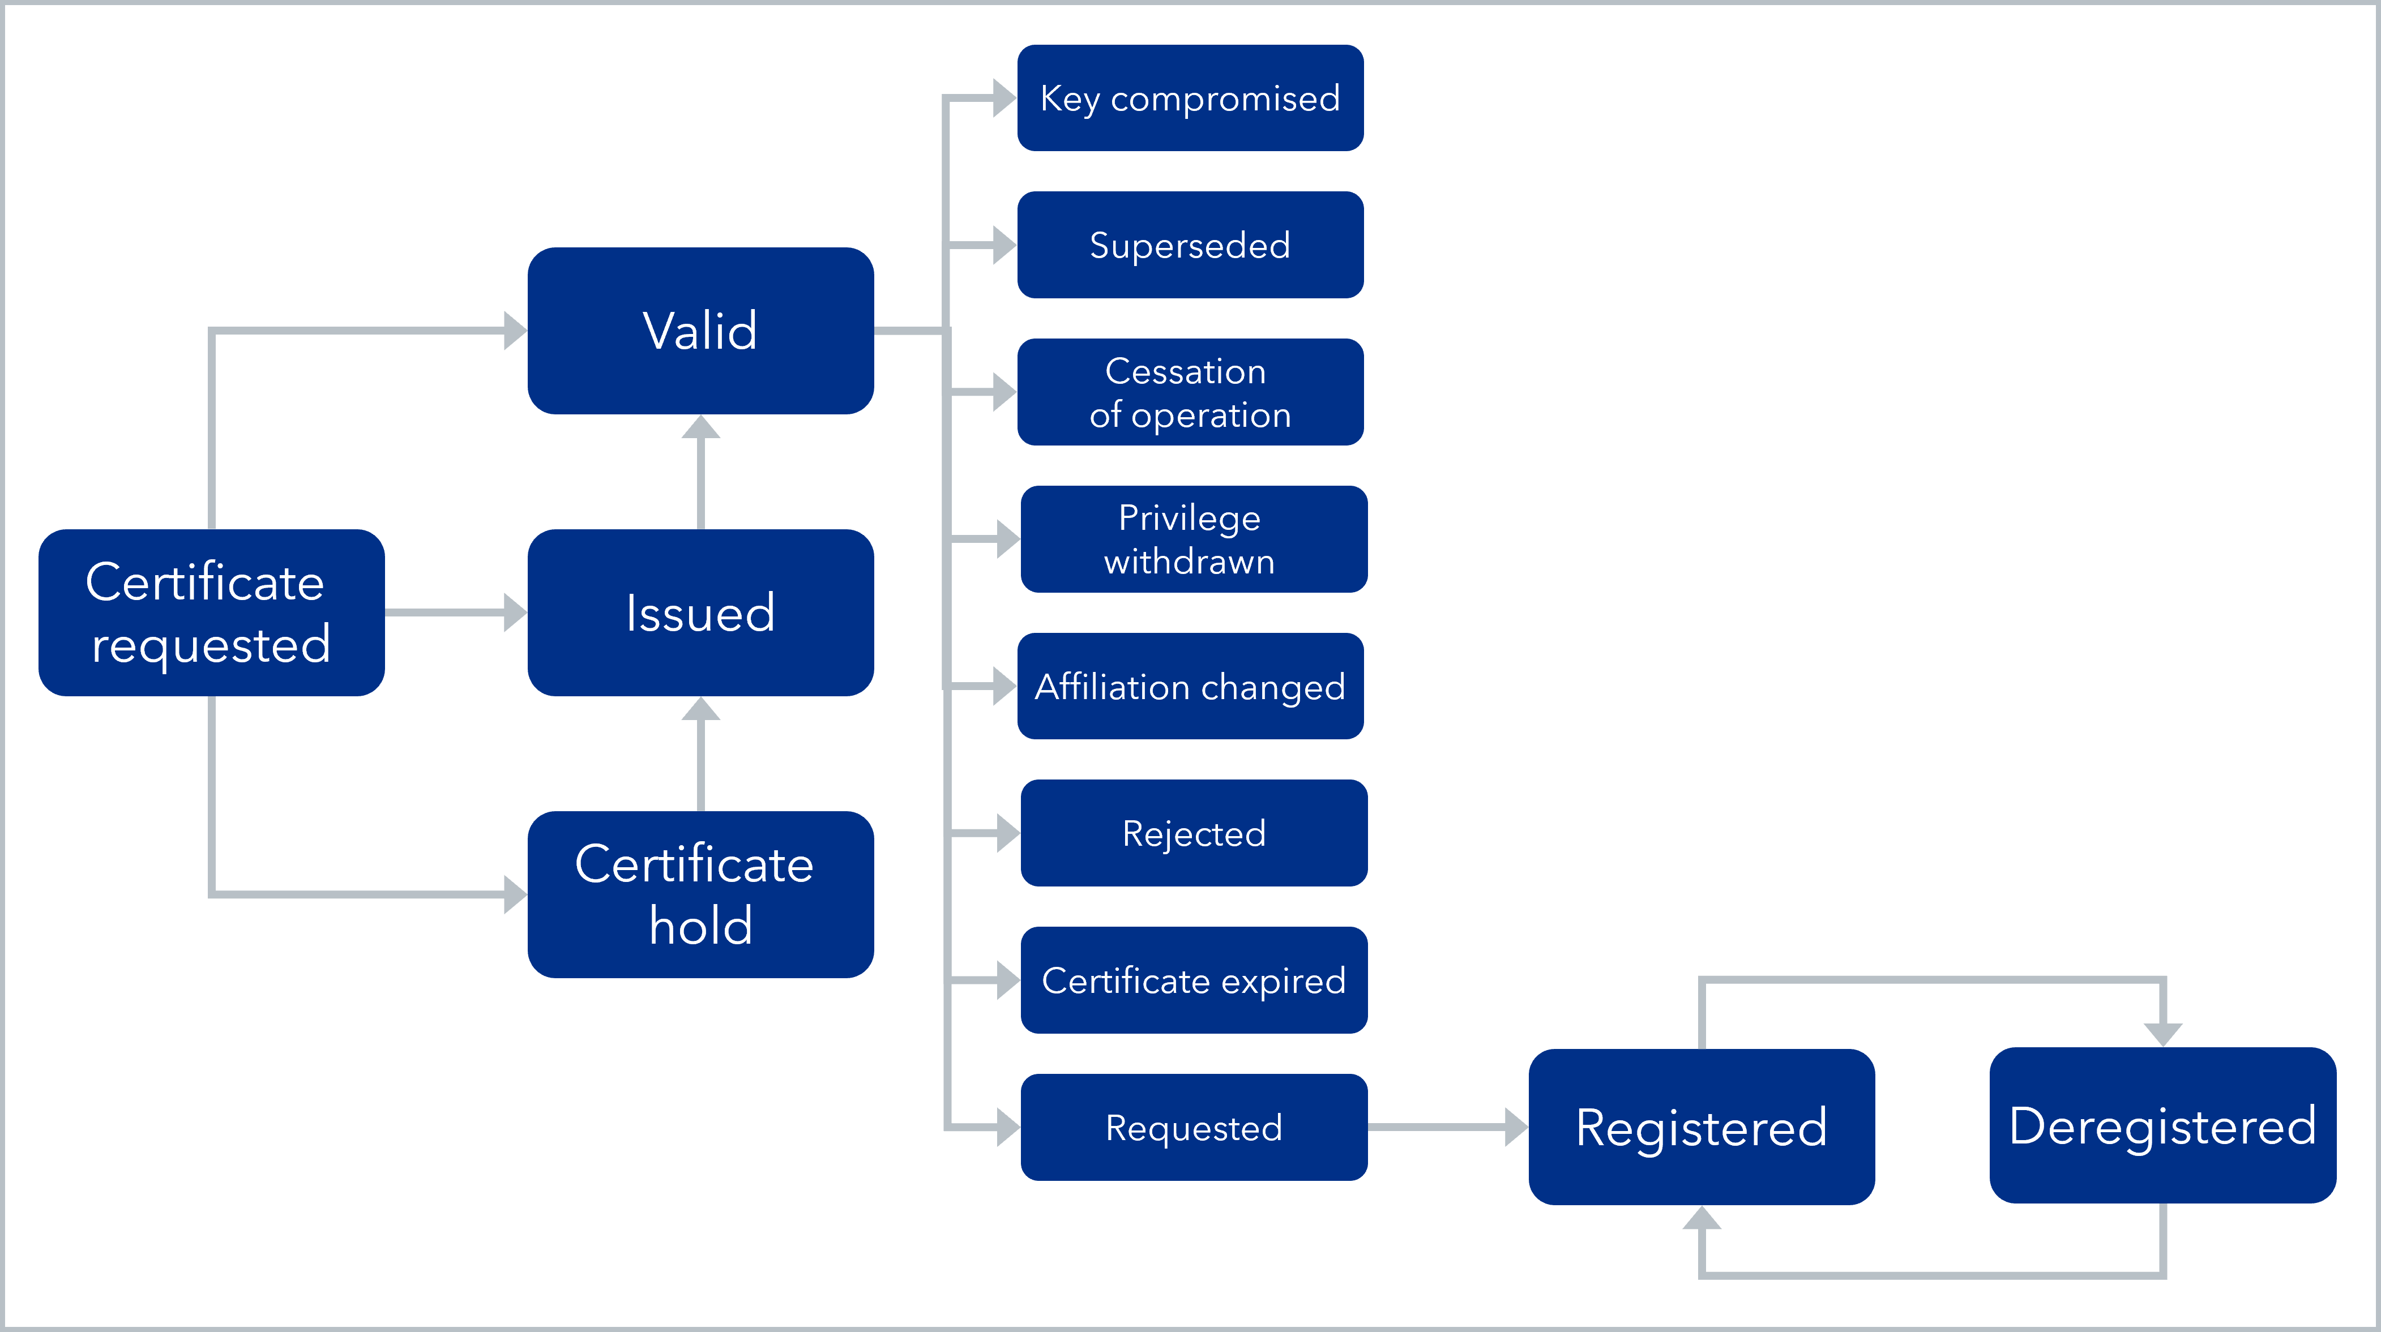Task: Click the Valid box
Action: click(x=700, y=331)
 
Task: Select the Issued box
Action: click(x=700, y=613)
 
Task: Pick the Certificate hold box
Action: click(x=700, y=895)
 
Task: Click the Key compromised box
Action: click(x=1190, y=98)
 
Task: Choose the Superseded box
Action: click(x=1190, y=245)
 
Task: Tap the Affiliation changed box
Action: click(x=1190, y=686)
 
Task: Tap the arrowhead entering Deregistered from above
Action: click(x=2163, y=1034)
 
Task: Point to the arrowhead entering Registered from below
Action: click(x=1702, y=1218)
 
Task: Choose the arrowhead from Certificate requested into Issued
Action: click(x=515, y=613)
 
